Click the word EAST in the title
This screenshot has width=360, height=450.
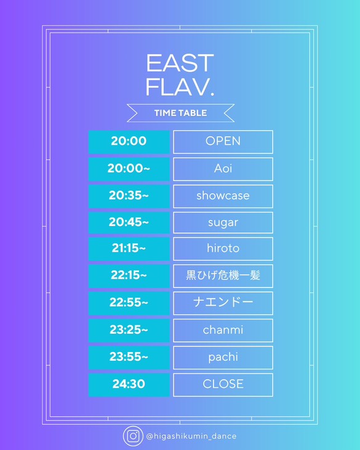180,63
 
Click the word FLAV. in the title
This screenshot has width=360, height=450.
180,87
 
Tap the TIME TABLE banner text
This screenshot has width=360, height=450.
180,113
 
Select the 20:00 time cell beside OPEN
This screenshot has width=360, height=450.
129,142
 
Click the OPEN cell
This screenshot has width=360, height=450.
223,142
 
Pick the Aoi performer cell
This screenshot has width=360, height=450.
223,169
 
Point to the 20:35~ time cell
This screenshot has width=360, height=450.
129,196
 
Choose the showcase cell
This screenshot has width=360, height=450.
223,196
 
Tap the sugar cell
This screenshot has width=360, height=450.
223,222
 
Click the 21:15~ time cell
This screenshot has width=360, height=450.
129,249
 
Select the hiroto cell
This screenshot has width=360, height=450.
223,249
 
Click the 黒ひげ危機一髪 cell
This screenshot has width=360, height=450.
223,276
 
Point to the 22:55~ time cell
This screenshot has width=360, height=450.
129,303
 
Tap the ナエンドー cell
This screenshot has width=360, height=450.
223,303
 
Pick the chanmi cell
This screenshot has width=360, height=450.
223,331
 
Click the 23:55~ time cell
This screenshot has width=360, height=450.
129,357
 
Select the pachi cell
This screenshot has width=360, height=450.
223,357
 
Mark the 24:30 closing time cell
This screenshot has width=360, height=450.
129,385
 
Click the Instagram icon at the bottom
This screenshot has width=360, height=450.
133,436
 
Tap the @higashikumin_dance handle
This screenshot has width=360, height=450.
191,436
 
